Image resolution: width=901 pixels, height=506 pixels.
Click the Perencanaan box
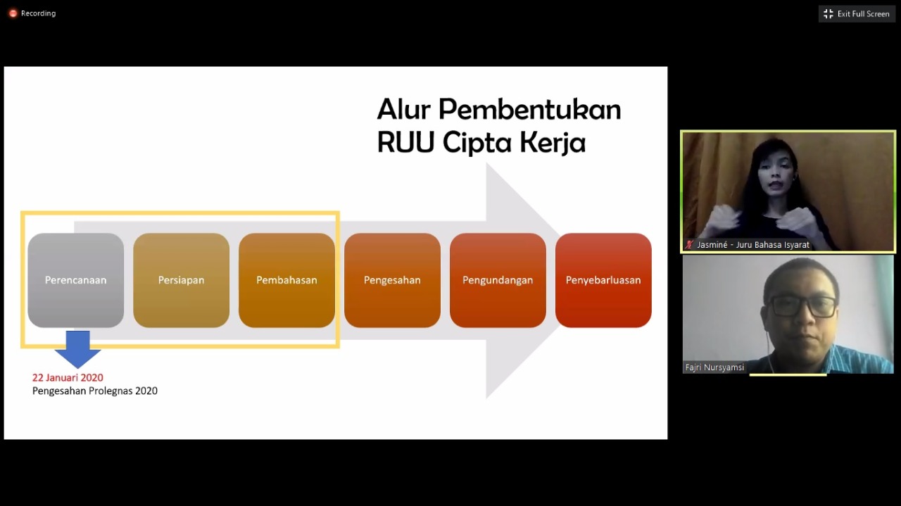[75, 280]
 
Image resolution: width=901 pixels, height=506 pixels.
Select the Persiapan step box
[182, 280]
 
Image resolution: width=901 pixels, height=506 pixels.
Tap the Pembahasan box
[286, 280]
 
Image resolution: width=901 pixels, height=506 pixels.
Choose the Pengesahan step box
[392, 280]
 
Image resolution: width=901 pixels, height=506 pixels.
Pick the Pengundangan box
[498, 280]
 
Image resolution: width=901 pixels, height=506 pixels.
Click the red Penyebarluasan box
[603, 280]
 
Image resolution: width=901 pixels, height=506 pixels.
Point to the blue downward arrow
[77, 349]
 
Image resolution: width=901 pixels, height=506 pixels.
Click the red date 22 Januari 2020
[68, 378]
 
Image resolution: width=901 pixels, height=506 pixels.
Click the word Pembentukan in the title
[530, 109]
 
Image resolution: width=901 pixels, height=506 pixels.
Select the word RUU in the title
[406, 142]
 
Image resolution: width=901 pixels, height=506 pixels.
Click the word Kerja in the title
[553, 143]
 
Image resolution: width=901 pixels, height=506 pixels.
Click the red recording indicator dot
[13, 13]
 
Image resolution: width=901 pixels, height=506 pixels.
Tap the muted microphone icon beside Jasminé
[689, 244]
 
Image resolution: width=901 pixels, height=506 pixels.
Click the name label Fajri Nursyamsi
[714, 367]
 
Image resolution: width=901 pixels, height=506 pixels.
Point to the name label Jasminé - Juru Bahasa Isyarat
[752, 244]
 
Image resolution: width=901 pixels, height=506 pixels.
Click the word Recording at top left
[38, 13]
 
